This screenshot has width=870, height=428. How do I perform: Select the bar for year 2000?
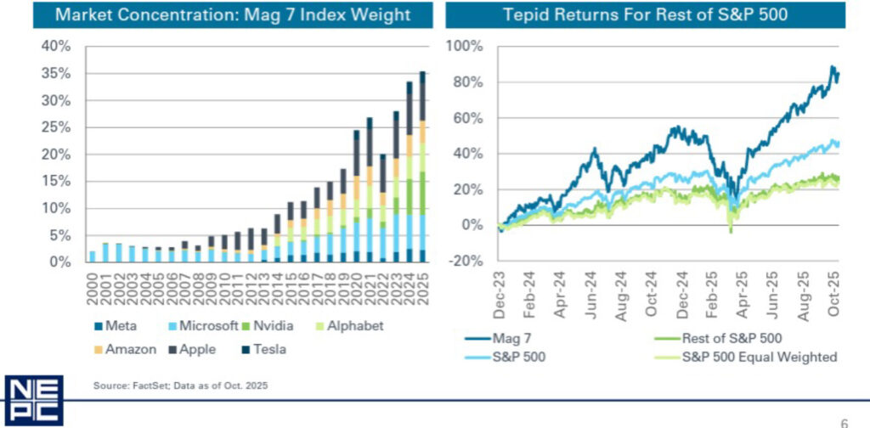coord(91,256)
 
